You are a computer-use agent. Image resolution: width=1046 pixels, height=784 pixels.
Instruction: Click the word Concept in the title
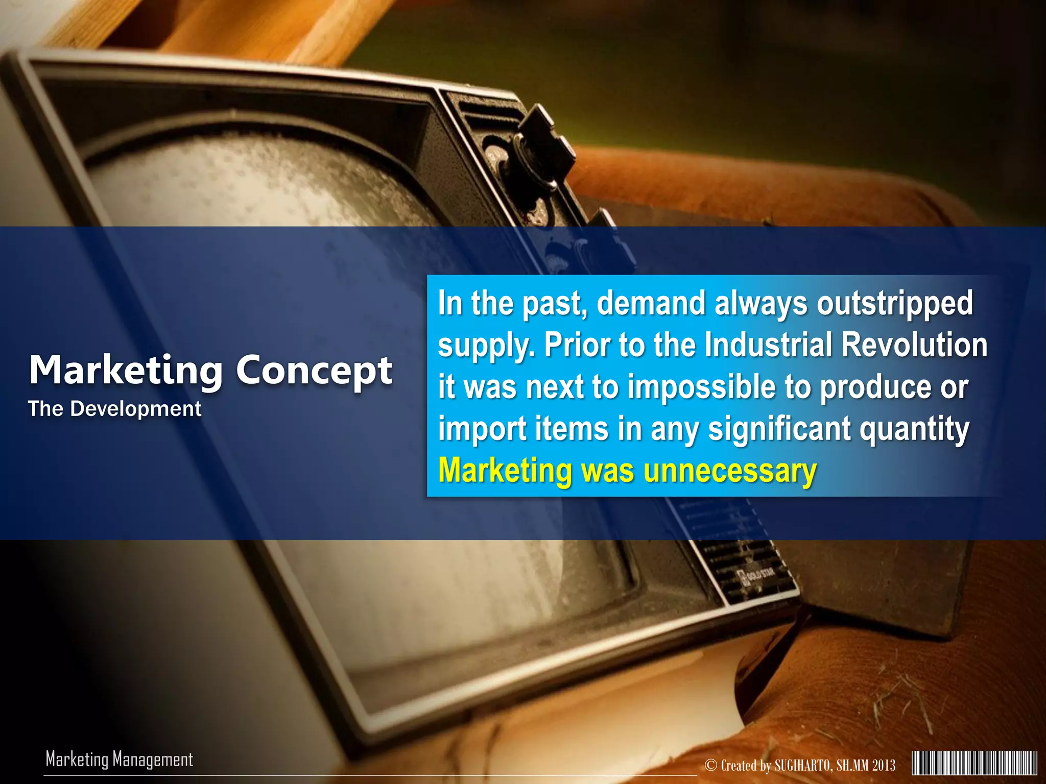tap(314, 371)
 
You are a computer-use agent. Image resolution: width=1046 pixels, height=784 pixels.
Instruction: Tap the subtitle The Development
tap(114, 409)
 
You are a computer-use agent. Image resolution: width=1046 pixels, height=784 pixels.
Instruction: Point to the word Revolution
tap(914, 345)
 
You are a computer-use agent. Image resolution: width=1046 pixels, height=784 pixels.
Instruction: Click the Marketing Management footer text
tap(119, 759)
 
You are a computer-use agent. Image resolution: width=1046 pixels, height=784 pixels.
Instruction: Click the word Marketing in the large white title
tap(126, 370)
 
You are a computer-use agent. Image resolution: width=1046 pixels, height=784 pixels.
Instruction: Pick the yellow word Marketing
tap(505, 470)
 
